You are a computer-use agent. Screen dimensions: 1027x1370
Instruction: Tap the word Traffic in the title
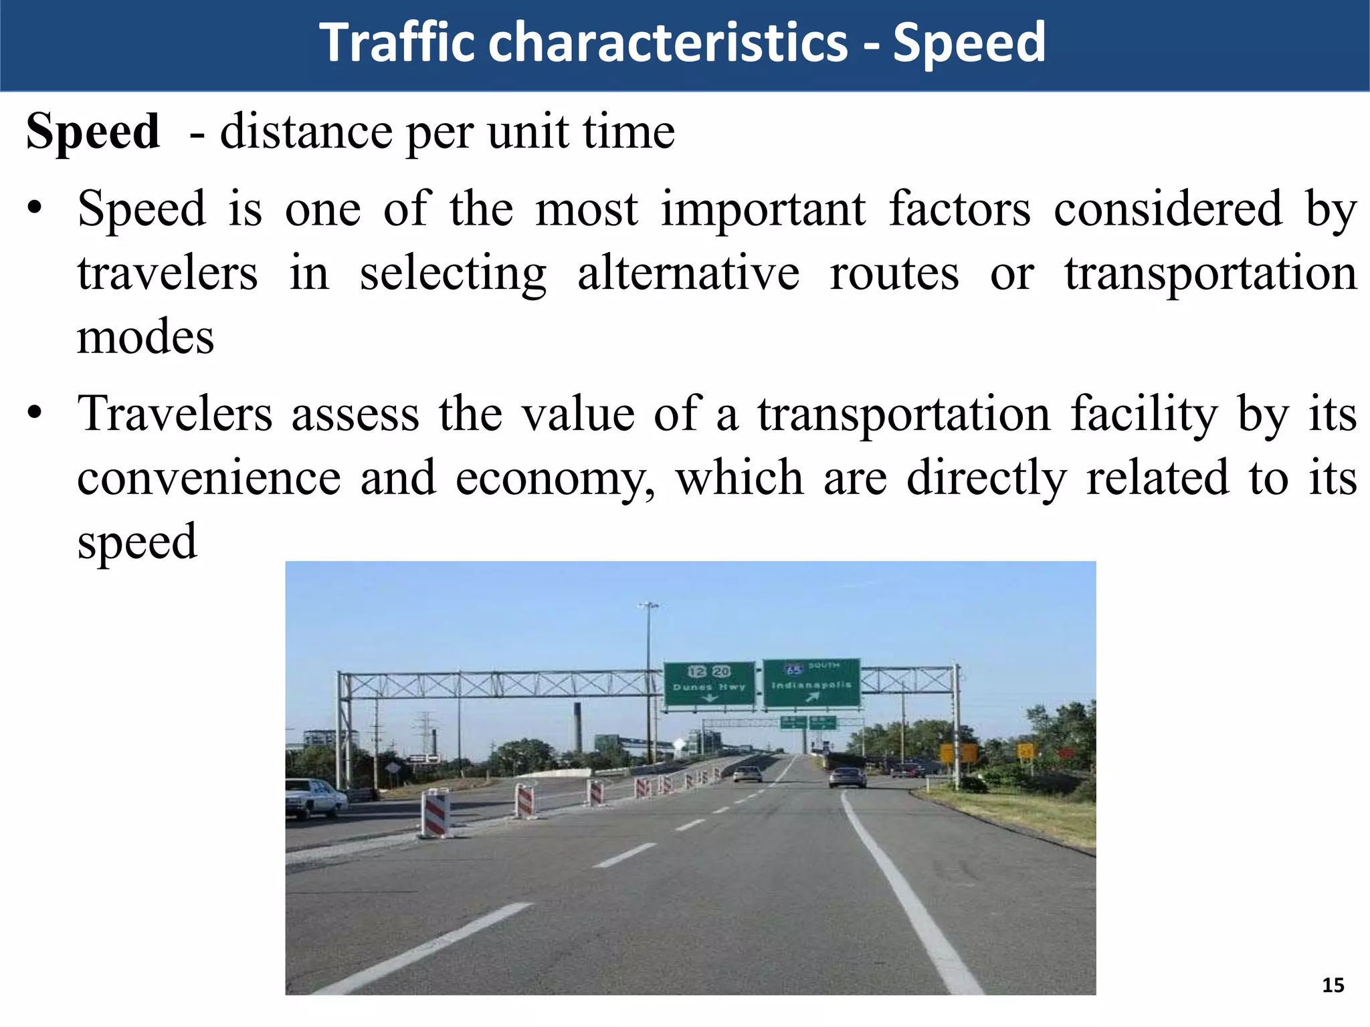pyautogui.click(x=397, y=43)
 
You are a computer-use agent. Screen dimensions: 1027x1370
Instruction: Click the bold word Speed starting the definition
pyautogui.click(x=93, y=131)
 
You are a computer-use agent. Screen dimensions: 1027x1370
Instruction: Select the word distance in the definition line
pyautogui.click(x=306, y=131)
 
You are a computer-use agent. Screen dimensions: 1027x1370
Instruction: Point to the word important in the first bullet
pyautogui.click(x=763, y=209)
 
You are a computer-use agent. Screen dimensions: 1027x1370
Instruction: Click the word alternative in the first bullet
pyautogui.click(x=688, y=273)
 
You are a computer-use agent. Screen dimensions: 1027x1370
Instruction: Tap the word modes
pyautogui.click(x=145, y=337)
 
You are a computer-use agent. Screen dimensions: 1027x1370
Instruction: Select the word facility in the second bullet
pyautogui.click(x=1144, y=414)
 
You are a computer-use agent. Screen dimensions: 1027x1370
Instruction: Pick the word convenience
pyautogui.click(x=209, y=479)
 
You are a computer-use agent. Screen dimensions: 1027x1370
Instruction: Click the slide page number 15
pyautogui.click(x=1333, y=985)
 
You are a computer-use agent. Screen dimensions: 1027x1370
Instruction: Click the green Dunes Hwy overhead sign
pyautogui.click(x=709, y=683)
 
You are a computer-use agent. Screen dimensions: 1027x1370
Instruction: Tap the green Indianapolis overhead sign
pyautogui.click(x=811, y=683)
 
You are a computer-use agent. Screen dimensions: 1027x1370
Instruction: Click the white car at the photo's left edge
pyautogui.click(x=313, y=797)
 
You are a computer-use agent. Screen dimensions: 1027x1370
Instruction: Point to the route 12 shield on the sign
pyautogui.click(x=697, y=671)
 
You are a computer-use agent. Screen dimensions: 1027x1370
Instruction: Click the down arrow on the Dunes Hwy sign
pyautogui.click(x=708, y=697)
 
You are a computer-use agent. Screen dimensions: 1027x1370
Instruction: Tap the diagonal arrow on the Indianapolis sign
pyautogui.click(x=812, y=697)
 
